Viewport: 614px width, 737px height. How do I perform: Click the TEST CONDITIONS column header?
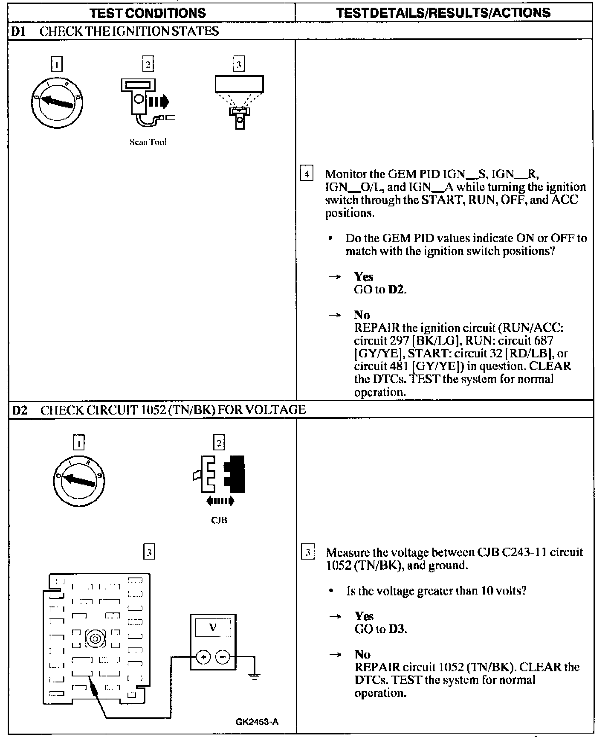148,13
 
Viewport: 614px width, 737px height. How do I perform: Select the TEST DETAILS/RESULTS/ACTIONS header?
443,13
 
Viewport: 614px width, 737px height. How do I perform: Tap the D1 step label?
18,31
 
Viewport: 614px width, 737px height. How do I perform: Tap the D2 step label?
20,410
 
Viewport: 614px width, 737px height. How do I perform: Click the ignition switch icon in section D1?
57,102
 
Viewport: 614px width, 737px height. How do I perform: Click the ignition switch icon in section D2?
79,481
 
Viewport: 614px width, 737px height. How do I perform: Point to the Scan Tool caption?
148,142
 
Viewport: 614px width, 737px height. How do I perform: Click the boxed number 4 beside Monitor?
307,174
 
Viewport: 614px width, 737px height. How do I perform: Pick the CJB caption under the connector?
219,520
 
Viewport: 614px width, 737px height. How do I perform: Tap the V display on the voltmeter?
213,627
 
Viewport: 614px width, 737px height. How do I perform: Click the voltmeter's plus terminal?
203,657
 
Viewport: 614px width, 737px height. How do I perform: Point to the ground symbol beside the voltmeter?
254,676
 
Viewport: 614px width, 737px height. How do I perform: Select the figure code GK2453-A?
257,722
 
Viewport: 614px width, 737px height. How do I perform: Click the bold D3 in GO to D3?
397,629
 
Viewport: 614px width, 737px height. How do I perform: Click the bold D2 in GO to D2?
397,290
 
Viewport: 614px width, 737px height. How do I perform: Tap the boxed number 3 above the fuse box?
149,553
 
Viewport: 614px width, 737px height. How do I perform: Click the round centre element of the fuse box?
95,638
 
